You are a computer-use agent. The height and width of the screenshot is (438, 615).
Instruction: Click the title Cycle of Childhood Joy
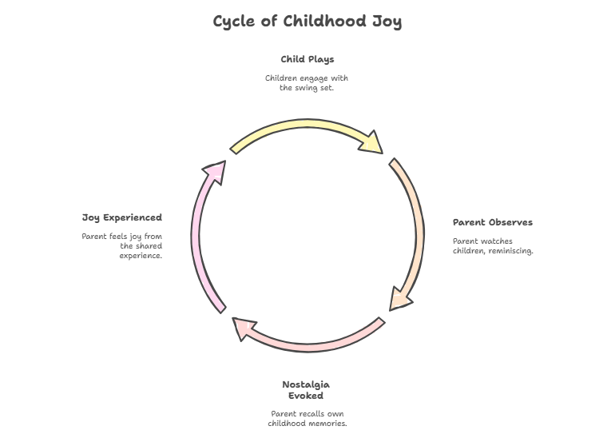tap(307, 21)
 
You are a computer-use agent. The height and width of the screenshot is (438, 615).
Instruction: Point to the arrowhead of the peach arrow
tap(401, 299)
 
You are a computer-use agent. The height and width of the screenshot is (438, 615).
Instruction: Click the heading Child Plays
tap(307, 59)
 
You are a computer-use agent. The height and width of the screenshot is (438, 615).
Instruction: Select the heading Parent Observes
tap(493, 222)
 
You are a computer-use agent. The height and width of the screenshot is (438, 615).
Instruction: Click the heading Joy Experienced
tap(122, 217)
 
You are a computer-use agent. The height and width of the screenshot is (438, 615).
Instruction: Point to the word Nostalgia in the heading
tap(306, 384)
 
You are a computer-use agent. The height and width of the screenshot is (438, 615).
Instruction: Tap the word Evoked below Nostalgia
tap(306, 396)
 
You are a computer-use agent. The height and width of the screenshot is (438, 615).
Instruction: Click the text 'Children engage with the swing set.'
tap(307, 83)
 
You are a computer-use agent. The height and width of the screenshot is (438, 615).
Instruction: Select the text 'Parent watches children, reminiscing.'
tap(493, 245)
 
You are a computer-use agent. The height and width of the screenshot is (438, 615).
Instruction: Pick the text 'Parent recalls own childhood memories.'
tap(307, 418)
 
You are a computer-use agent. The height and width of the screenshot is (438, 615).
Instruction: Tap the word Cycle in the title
tap(236, 21)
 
